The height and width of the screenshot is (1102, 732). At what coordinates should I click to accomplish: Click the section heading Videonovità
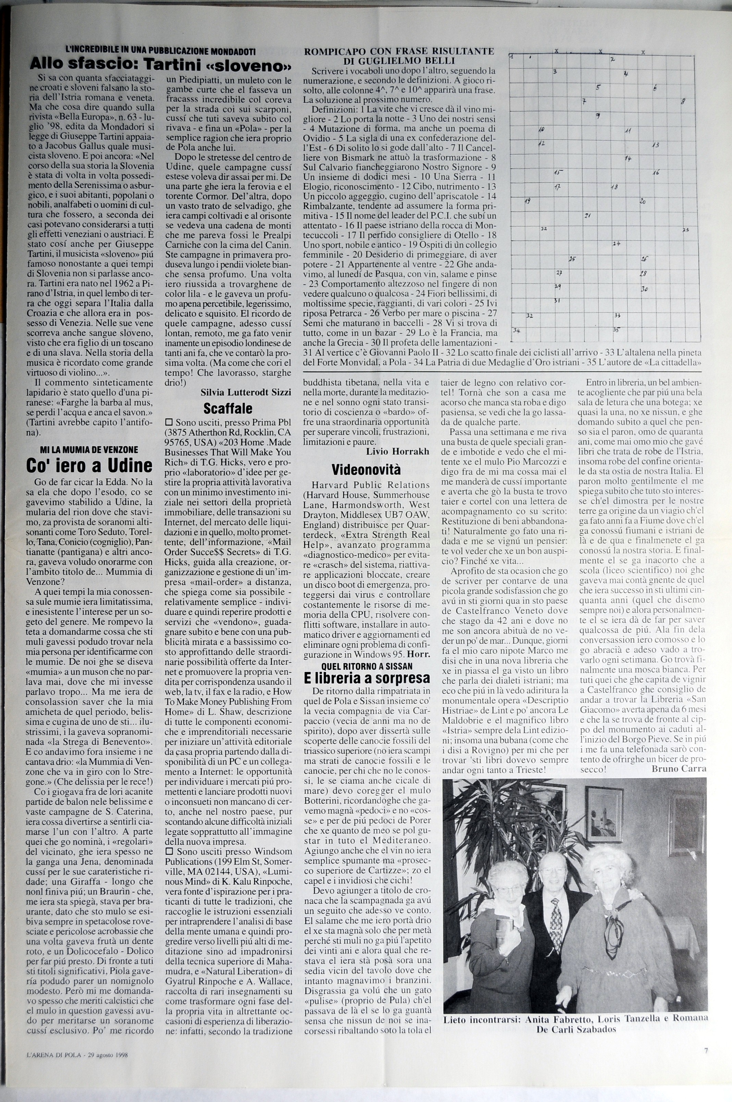(366, 469)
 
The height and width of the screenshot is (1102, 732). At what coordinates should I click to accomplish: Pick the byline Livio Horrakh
(398, 451)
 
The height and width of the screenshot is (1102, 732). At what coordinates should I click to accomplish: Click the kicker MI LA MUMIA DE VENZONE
(89, 450)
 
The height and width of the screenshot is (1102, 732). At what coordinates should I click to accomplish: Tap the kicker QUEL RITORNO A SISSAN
(366, 665)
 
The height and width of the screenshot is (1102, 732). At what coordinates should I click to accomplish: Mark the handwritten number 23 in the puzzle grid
(685, 230)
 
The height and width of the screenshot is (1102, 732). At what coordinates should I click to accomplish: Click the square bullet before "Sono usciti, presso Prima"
(169, 421)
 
